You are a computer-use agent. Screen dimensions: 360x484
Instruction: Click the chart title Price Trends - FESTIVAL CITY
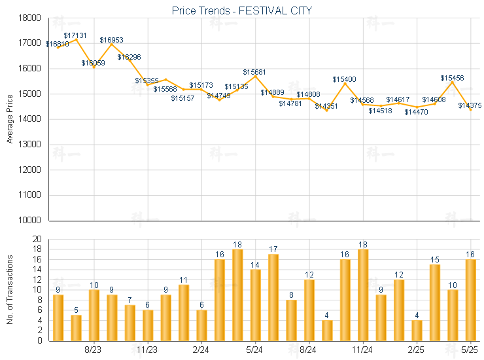tap(242, 10)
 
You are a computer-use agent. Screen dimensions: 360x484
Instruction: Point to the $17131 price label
tap(75, 35)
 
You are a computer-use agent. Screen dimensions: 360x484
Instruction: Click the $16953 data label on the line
tap(111, 40)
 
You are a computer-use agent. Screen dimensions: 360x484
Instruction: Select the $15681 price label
tap(254, 71)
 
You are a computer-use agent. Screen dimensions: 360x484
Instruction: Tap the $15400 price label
tap(344, 79)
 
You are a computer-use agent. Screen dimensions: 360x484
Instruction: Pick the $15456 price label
tap(452, 78)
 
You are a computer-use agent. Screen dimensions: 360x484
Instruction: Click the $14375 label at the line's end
tap(470, 105)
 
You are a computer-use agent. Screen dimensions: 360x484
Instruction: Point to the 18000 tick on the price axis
tap(30, 18)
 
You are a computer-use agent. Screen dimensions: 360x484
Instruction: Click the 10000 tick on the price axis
tap(30, 221)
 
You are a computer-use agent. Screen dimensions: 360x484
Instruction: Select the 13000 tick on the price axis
tap(30, 145)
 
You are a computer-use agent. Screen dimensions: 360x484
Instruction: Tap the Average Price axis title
tap(10, 119)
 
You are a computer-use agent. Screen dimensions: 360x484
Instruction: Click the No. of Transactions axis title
tap(10, 289)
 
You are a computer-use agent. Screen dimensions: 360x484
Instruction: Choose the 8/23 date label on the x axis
tap(94, 350)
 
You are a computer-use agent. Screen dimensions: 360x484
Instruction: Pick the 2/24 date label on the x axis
tap(201, 350)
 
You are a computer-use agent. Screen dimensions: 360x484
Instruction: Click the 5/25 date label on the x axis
tap(470, 350)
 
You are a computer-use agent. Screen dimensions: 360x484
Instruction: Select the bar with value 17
tap(273, 297)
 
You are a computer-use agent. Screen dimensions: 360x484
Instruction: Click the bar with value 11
tap(184, 312)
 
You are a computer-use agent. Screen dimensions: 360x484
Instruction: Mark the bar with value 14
tap(255, 304)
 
